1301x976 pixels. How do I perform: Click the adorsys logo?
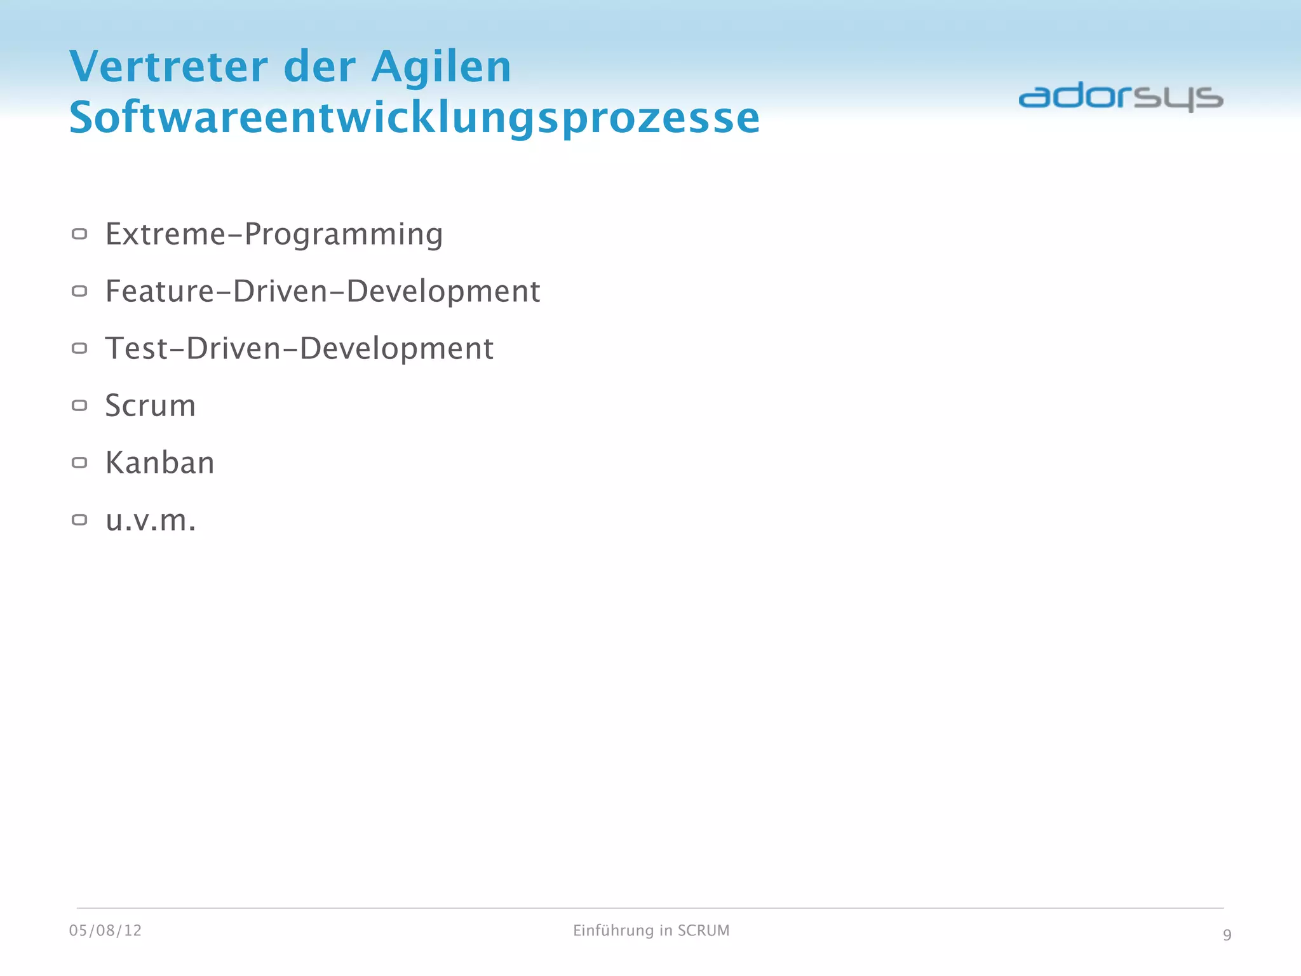1121,97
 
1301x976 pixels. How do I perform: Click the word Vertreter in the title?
169,67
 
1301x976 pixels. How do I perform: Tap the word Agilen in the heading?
441,67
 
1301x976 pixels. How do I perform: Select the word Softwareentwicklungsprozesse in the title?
414,118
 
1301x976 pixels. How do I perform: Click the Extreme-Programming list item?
274,234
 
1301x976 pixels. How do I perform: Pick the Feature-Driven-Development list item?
322,292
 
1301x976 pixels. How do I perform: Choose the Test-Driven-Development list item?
299,349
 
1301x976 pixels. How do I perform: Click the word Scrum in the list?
151,406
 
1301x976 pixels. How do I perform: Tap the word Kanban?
159,463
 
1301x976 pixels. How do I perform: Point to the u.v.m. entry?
151,520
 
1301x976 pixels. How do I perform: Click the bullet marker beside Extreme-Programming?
79,234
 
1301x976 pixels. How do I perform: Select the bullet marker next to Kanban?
79,463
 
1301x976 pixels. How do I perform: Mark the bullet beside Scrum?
79,405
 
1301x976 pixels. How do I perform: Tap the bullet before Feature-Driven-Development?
79,292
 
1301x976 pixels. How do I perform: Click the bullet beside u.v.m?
79,520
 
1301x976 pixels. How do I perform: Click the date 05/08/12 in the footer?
105,931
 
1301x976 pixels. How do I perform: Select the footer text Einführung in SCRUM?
651,931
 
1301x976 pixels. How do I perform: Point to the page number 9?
1227,935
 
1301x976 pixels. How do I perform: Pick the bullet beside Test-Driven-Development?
79,348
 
